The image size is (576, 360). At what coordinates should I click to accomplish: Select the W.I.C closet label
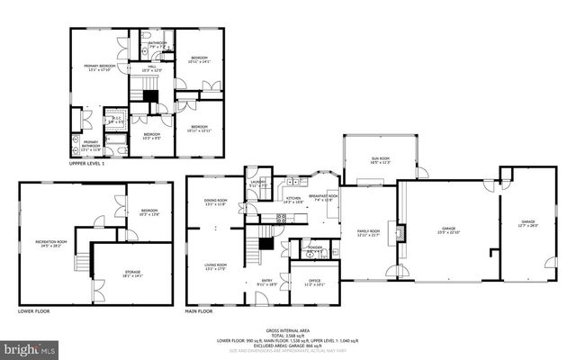coord(115,117)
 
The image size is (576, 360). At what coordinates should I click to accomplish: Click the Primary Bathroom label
coord(91,144)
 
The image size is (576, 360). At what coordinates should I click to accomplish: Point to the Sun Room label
coord(381,159)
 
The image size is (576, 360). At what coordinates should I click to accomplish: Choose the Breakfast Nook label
coord(323,197)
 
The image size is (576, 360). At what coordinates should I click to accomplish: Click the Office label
coord(313,282)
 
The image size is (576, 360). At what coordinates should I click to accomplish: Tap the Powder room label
coord(315,249)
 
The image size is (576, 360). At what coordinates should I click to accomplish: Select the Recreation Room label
coord(50,243)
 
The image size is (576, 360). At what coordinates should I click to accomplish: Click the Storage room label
coord(132,275)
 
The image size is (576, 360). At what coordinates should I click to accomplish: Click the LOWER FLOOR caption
coord(34,312)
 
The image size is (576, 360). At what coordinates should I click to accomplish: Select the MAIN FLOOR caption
coord(203,312)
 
